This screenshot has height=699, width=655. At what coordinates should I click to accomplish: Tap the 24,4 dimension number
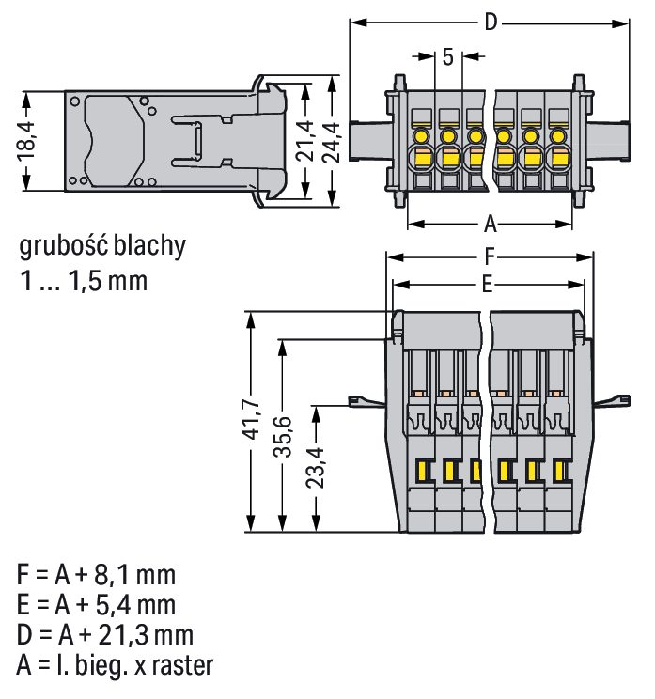point(332,141)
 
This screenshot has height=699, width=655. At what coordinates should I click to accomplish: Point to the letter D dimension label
point(490,23)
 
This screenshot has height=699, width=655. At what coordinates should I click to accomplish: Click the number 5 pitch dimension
point(447,56)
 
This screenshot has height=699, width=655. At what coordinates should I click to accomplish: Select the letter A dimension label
point(490,224)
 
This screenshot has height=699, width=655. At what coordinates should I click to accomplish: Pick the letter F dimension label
point(490,256)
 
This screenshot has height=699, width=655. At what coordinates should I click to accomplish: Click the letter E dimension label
point(488,284)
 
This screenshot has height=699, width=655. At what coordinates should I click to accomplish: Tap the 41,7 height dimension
point(250,420)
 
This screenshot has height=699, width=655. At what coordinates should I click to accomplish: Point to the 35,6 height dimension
point(281,437)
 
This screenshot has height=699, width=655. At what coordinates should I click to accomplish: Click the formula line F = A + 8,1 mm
point(96,574)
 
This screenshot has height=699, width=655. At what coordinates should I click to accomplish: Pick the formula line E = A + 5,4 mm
point(96,604)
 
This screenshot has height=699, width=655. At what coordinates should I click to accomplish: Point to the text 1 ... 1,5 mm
point(83,280)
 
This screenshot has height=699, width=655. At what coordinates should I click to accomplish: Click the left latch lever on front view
point(365,401)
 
